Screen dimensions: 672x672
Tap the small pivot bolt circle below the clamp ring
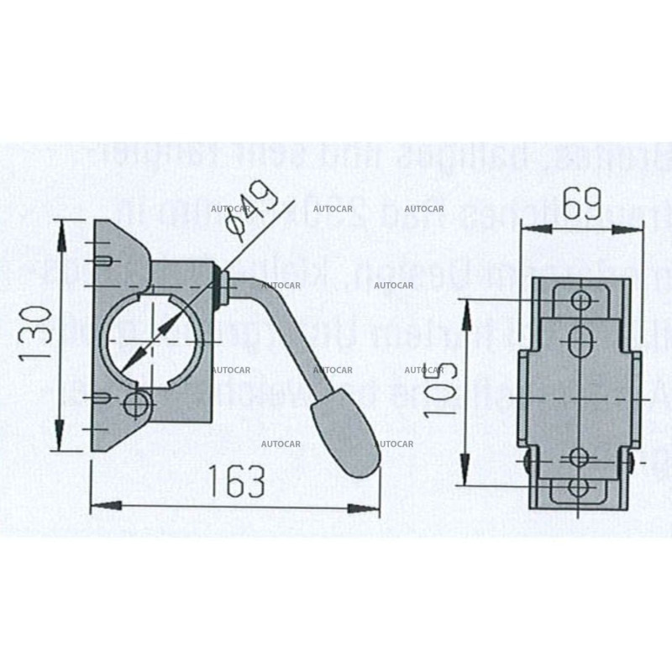pos(134,406)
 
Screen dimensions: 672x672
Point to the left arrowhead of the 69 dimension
pos(526,228)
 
